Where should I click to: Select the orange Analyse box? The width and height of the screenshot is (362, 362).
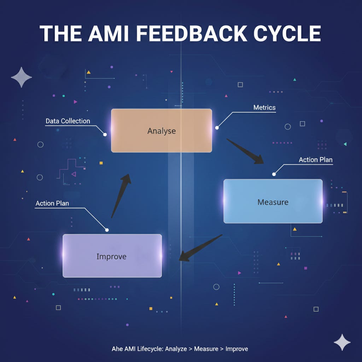pyautogui.click(x=162, y=131)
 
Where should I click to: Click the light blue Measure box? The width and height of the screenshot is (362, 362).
pyautogui.click(x=273, y=202)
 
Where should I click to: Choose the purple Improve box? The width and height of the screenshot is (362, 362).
pyautogui.click(x=112, y=256)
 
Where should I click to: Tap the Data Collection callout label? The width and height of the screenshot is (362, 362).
pyautogui.click(x=68, y=121)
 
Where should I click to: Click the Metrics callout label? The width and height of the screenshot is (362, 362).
pyautogui.click(x=264, y=107)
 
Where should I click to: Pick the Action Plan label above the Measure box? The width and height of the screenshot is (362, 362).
pyautogui.click(x=315, y=160)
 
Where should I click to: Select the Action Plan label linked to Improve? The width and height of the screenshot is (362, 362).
pyautogui.click(x=52, y=203)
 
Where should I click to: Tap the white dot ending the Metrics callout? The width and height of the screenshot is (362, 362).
pyautogui.click(x=217, y=128)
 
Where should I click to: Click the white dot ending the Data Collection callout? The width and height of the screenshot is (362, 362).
pyautogui.click(x=105, y=134)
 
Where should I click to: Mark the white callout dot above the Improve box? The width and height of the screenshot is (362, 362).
pyautogui.click(x=107, y=230)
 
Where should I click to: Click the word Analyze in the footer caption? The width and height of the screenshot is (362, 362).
pyautogui.click(x=175, y=349)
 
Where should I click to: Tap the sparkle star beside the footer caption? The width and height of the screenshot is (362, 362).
pyautogui.click(x=342, y=342)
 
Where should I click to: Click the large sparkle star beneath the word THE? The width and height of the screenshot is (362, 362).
pyautogui.click(x=21, y=77)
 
